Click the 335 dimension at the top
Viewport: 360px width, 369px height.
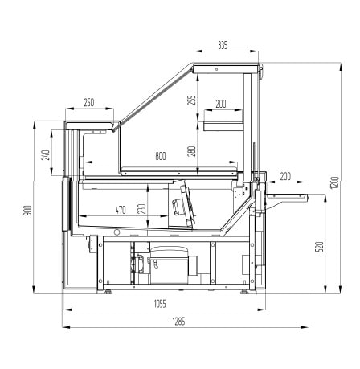223,46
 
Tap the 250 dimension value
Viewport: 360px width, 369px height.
89,102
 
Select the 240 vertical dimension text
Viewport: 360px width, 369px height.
46,155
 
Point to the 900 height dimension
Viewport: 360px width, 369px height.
28,210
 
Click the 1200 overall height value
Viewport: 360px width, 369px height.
334,182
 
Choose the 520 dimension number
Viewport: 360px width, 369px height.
320,247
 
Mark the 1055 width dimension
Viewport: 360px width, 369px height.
160,304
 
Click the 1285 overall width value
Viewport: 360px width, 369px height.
178,321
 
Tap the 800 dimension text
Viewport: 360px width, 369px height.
161,156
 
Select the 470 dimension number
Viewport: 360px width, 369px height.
121,210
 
